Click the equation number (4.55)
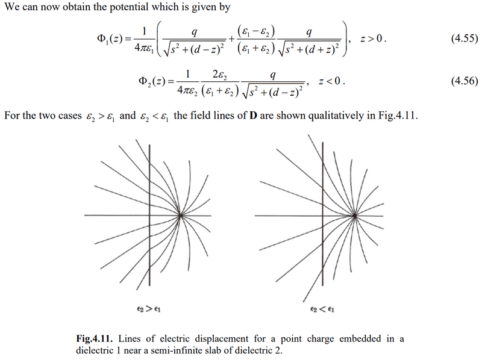coord(465,39)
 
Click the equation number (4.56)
coord(465,81)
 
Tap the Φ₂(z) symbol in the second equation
coord(152,81)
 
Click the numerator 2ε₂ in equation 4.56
coord(220,75)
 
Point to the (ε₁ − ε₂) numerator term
coord(256,32)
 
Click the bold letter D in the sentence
coord(253,116)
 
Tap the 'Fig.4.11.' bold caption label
coord(95,339)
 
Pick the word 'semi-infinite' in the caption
coord(174,350)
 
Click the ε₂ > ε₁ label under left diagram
coord(149,309)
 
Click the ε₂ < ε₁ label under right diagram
coord(322,309)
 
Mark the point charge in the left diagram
coord(181,216)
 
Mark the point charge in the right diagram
coord(354,216)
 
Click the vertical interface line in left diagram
coord(149,215)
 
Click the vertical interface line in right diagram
coord(323,214)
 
